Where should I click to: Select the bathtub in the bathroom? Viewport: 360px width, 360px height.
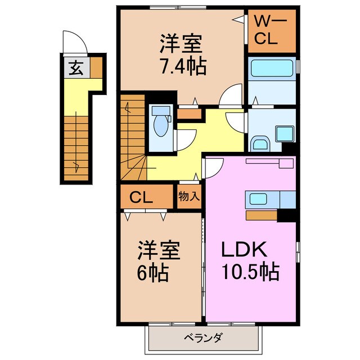(271, 70)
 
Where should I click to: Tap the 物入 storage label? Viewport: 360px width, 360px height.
(188, 197)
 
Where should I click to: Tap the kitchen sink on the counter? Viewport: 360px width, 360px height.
(259, 198)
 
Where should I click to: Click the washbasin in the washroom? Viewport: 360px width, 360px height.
(259, 144)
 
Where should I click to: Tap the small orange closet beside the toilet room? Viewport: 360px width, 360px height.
(190, 114)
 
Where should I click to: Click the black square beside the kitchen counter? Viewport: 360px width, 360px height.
(287, 214)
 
